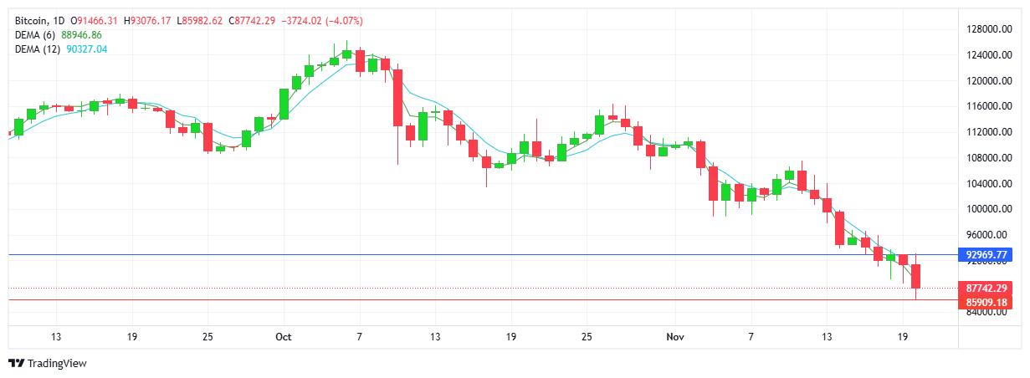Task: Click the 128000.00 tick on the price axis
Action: pyautogui.click(x=986, y=29)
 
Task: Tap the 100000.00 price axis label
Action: pyautogui.click(x=986, y=209)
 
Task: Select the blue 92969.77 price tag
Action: pyautogui.click(x=986, y=254)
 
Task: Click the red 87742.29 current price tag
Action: pyautogui.click(x=986, y=288)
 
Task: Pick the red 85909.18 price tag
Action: pyautogui.click(x=986, y=301)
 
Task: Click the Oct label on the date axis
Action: pyautogui.click(x=283, y=336)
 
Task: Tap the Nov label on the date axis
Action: pyautogui.click(x=675, y=336)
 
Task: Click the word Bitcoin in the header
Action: pyautogui.click(x=32, y=20)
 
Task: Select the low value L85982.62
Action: pyautogui.click(x=199, y=20)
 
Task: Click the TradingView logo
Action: pyautogui.click(x=48, y=363)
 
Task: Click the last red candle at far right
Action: pyautogui.click(x=916, y=276)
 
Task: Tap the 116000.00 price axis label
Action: pyautogui.click(x=986, y=106)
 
